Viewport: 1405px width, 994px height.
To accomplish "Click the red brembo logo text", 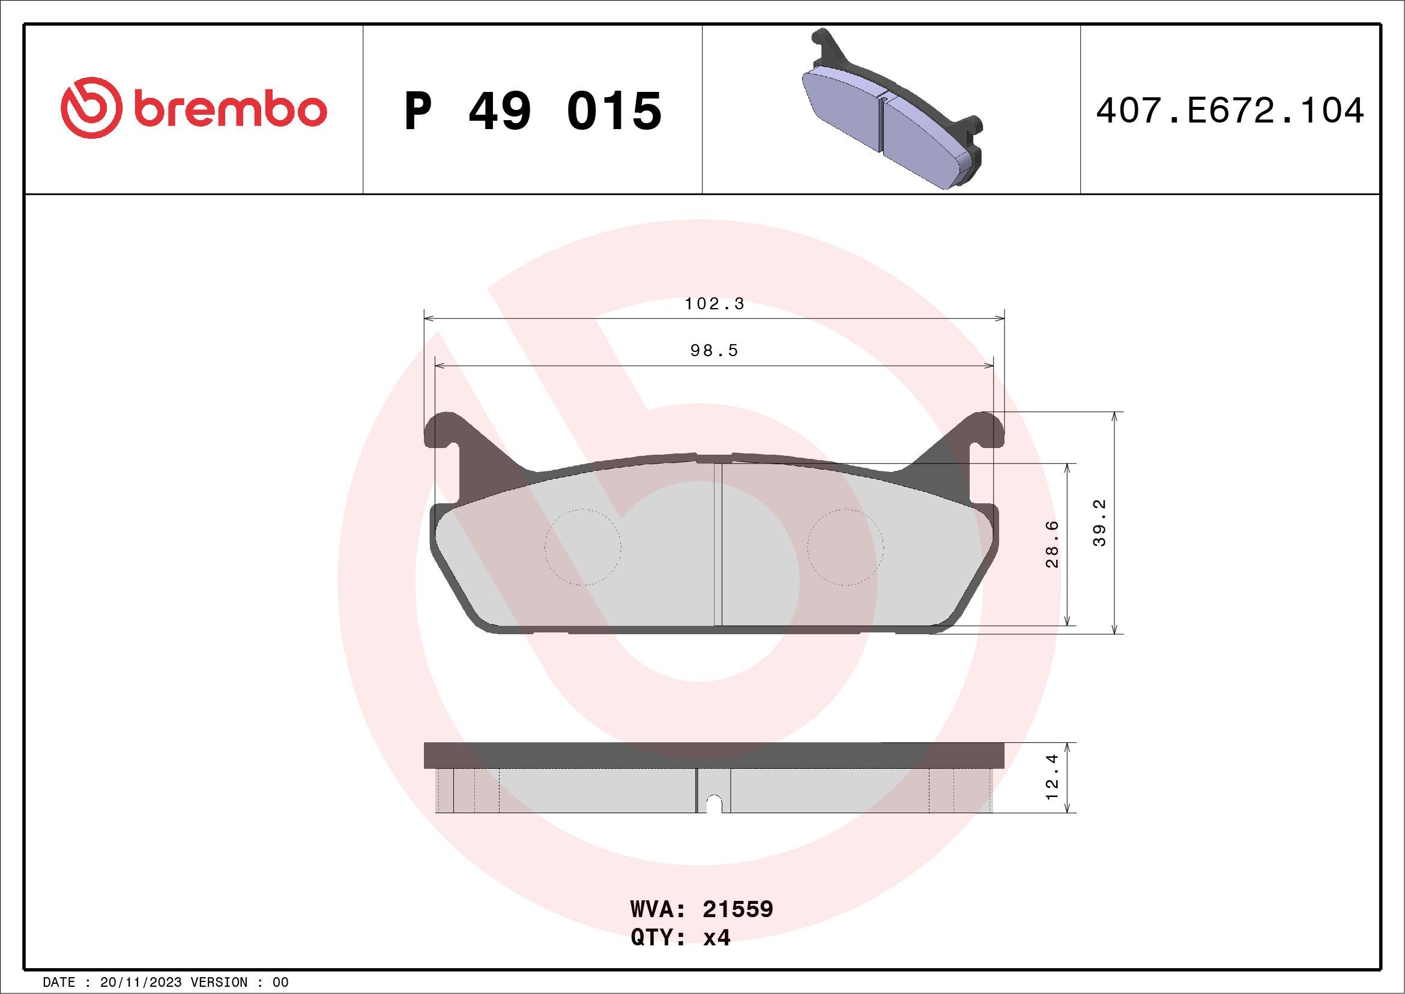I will tap(229, 109).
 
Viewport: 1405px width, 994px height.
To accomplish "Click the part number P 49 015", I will tap(533, 111).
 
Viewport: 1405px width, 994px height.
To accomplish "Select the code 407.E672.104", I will tap(1230, 111).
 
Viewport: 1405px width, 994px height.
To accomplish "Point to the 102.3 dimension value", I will tap(714, 304).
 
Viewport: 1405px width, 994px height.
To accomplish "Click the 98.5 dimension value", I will tap(714, 351).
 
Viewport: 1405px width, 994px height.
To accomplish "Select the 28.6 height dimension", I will tap(1052, 544).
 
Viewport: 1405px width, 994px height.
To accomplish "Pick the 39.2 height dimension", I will tap(1099, 523).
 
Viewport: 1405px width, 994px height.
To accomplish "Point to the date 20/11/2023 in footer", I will tap(140, 983).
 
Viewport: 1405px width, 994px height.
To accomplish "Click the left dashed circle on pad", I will tap(582, 547).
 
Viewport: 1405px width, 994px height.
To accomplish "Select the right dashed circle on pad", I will tap(845, 547).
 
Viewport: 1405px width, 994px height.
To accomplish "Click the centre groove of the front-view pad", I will tap(718, 545).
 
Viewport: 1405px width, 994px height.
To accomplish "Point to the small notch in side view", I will tap(713, 804).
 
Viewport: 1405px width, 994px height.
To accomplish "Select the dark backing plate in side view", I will tap(713, 756).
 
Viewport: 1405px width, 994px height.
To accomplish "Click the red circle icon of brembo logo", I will tap(89, 108).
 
